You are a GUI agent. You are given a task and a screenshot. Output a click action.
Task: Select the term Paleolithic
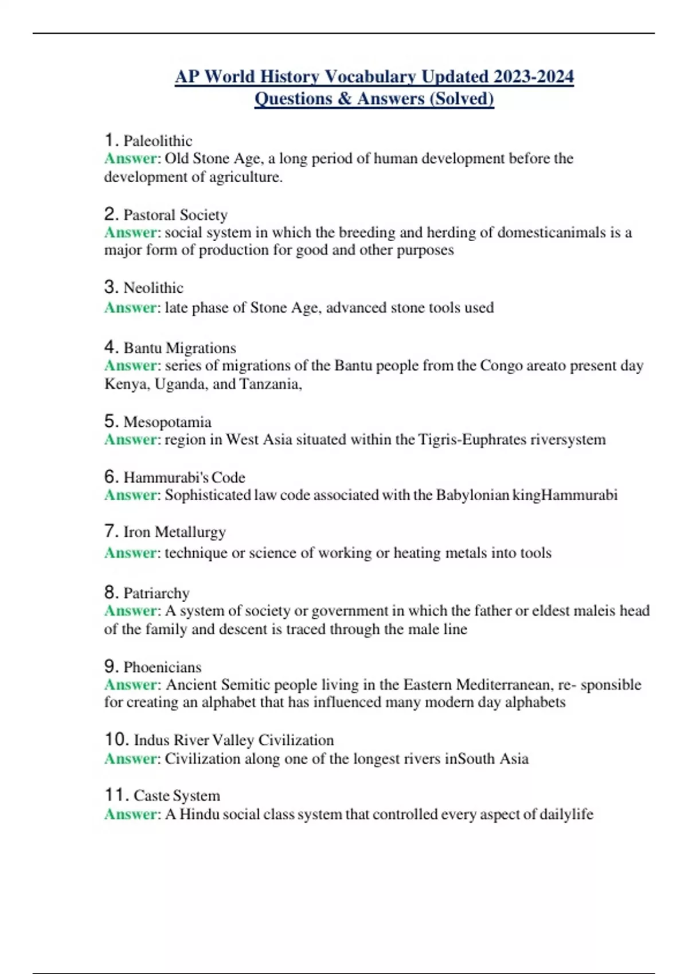(158, 141)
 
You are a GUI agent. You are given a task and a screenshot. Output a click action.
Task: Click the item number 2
(111, 214)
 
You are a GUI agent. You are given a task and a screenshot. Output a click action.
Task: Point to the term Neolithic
(153, 288)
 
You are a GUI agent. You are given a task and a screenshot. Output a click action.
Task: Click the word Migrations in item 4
(201, 348)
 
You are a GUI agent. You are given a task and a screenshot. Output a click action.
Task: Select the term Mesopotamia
(167, 422)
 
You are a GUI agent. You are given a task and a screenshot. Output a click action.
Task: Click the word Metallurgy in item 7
(190, 532)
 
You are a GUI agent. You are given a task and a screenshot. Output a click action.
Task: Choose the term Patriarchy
(157, 593)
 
